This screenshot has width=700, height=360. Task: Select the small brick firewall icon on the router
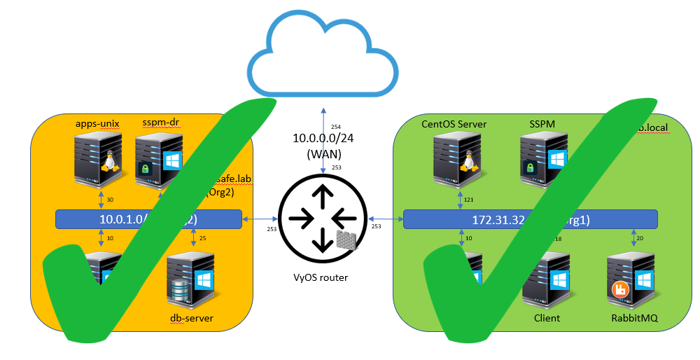(x=345, y=240)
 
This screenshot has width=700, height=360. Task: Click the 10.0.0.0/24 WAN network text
(x=323, y=139)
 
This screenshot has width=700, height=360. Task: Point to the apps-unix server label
(x=97, y=124)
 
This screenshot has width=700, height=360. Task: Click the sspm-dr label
(x=160, y=124)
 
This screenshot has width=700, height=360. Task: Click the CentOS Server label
(x=454, y=124)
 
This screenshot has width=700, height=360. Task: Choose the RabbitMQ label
(x=633, y=319)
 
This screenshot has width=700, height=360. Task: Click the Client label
(x=546, y=319)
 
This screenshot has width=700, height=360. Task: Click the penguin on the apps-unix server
(x=108, y=163)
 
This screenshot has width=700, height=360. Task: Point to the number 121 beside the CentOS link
(x=468, y=200)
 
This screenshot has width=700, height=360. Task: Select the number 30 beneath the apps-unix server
(x=109, y=200)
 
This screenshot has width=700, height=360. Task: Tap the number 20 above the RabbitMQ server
(x=639, y=239)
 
